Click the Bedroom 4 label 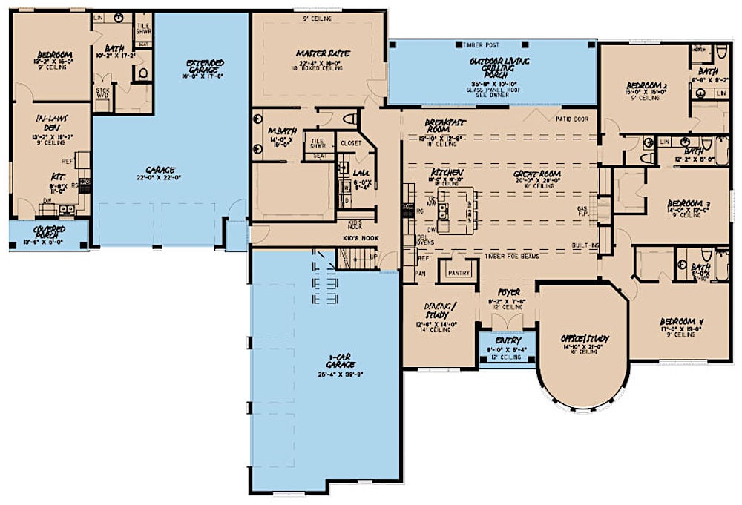point(681,322)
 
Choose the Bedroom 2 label point(646,86)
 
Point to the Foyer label point(508,292)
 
